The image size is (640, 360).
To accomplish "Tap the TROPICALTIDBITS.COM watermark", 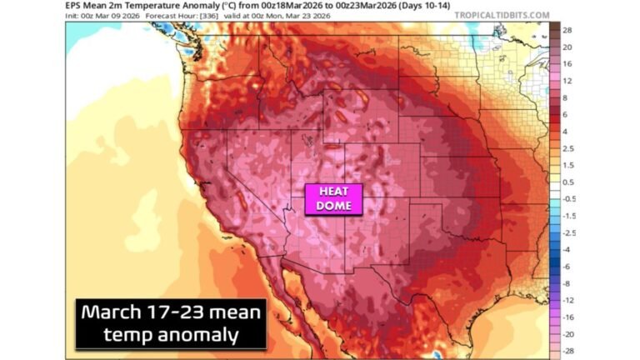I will pyautogui.click(x=502, y=15).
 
